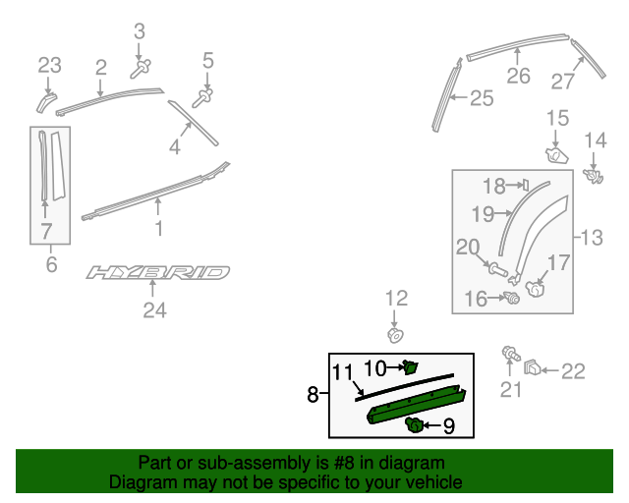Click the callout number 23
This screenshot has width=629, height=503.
[49, 66]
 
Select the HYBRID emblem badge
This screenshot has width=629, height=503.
[157, 272]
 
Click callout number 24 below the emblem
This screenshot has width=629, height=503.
[154, 311]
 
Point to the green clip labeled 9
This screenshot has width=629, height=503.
[416, 424]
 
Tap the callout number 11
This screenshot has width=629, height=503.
[341, 372]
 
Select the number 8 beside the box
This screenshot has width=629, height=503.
[313, 395]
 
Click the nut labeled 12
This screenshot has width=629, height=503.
[393, 335]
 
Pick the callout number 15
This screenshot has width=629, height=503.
[557, 119]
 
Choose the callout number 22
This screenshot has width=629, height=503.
[572, 370]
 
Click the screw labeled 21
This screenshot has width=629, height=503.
[510, 355]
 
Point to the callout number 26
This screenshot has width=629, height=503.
[518, 76]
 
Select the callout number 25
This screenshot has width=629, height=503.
[481, 97]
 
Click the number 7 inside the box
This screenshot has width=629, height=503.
[45, 232]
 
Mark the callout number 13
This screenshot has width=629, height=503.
[593, 237]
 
